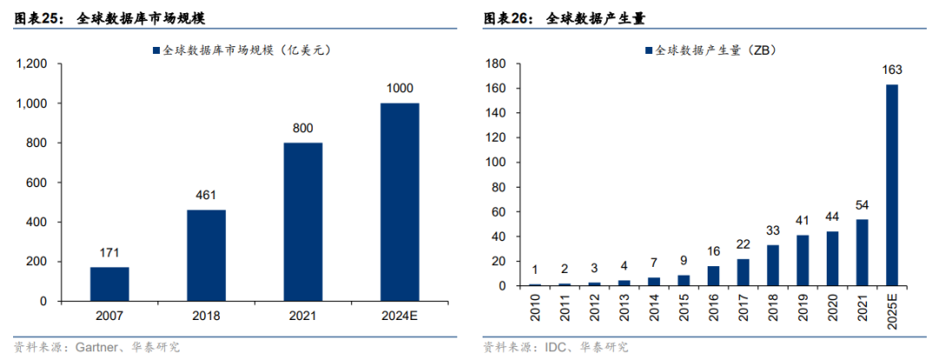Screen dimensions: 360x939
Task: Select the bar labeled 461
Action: point(206,255)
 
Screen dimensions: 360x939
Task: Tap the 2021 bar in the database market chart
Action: point(303,222)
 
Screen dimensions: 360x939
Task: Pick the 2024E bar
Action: point(400,202)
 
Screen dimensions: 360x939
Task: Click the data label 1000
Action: point(400,88)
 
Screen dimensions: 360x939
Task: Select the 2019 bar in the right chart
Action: point(802,260)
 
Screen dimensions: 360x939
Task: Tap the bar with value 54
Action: point(862,252)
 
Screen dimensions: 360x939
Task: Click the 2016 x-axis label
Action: point(713,308)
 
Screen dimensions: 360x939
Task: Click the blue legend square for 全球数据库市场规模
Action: point(156,50)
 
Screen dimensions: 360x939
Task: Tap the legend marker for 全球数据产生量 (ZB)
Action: point(649,50)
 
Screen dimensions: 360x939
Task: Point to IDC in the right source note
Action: point(554,347)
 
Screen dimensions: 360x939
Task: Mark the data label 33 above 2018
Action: point(773,231)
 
